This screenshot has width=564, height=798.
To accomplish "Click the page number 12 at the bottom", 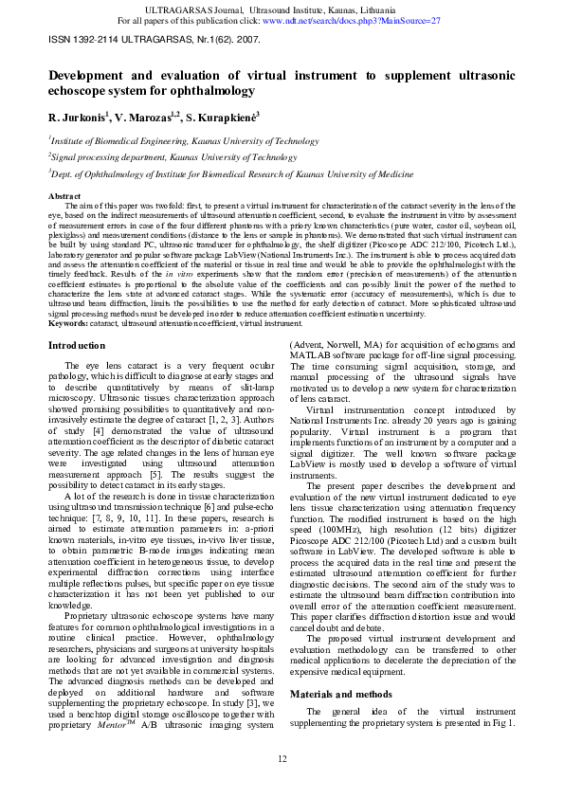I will (282, 758).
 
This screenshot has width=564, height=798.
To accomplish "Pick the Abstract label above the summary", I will (64, 195).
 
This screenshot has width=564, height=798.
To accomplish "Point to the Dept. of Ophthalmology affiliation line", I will (233, 174).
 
